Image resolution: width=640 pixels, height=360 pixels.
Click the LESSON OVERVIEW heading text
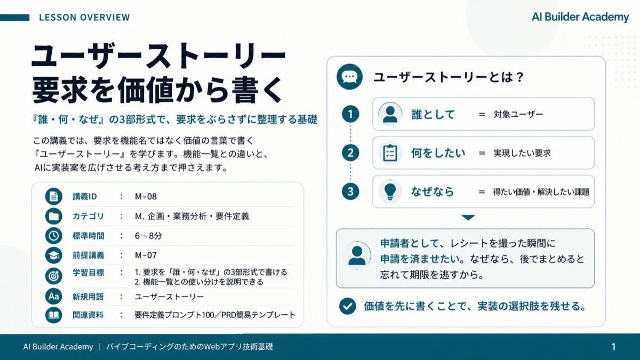(x=84, y=18)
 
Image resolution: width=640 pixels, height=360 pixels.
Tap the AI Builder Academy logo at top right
(x=580, y=17)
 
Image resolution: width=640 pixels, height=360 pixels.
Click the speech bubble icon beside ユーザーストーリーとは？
(x=349, y=77)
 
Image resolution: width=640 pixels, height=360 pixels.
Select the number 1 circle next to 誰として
(x=350, y=114)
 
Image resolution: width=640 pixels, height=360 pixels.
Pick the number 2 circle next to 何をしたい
(x=350, y=153)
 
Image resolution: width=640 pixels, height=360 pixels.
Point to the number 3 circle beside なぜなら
(x=350, y=191)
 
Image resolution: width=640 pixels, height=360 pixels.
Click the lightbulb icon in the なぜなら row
(x=390, y=191)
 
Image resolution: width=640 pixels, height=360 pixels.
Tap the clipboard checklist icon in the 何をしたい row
(x=390, y=153)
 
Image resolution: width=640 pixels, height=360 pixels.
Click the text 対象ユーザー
(x=518, y=114)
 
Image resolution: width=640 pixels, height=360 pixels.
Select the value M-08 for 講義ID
(x=146, y=197)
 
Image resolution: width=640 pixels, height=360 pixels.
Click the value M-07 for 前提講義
(x=146, y=255)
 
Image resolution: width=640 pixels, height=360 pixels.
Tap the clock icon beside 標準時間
(x=54, y=236)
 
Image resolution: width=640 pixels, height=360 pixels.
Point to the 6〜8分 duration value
(x=148, y=236)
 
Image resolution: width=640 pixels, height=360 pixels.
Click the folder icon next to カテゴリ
(x=54, y=216)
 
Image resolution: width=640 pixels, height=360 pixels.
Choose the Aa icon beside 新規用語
(x=54, y=297)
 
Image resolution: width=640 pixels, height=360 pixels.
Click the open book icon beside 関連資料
(x=54, y=315)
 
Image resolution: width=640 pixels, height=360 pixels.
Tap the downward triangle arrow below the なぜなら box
(x=468, y=218)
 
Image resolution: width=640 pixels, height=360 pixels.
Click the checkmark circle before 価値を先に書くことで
(x=347, y=306)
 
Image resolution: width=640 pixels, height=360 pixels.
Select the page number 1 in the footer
(x=613, y=347)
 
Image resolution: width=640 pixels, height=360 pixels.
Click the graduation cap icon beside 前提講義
(x=54, y=255)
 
